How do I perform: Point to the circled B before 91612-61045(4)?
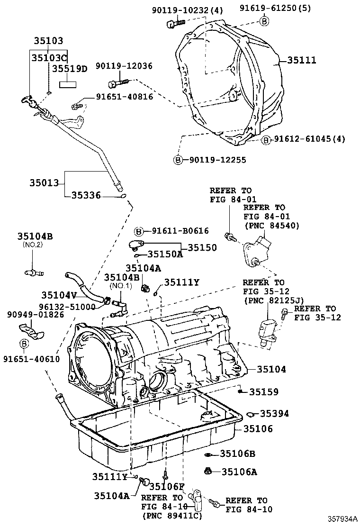click(x=266, y=139)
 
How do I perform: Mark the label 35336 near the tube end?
click(x=86, y=195)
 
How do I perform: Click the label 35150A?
click(x=165, y=254)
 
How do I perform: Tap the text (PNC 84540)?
click(x=271, y=226)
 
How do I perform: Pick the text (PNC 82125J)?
click(x=273, y=300)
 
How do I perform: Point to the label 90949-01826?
click(x=36, y=315)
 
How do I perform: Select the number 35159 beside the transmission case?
click(x=264, y=392)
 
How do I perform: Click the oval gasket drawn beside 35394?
click(x=251, y=414)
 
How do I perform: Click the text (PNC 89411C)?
click(x=171, y=516)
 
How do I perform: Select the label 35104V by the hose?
click(x=60, y=294)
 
